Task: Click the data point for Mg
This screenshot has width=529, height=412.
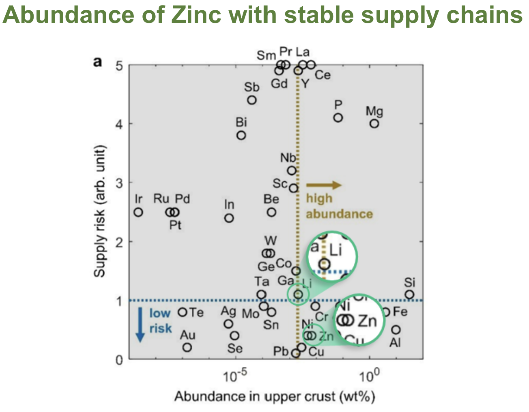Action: tap(374, 124)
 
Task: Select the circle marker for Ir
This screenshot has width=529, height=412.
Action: tap(138, 212)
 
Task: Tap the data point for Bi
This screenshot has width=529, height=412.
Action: tap(241, 135)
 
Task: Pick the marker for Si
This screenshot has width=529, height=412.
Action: tap(409, 295)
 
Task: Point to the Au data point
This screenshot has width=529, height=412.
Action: tap(187, 347)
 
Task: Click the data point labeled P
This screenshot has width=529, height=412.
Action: tap(338, 118)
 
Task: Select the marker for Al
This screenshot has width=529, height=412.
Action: tap(396, 330)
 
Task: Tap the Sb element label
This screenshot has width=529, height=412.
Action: tap(252, 87)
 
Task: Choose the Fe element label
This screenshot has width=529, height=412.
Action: tap(400, 312)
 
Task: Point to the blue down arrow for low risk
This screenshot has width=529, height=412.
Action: tap(140, 328)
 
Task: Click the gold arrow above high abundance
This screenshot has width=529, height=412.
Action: tap(324, 185)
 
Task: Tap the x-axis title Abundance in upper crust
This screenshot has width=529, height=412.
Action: tap(275, 397)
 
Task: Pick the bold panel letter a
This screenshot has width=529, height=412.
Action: tap(98, 62)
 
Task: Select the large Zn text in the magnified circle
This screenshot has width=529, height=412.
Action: tap(368, 320)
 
